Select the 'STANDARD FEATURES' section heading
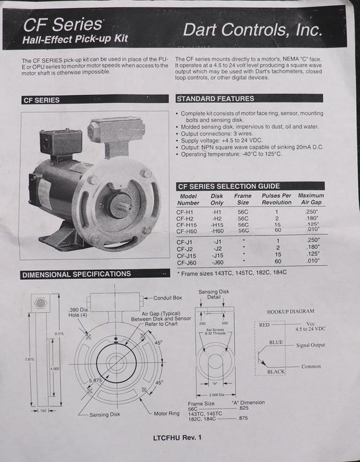pos(215,98)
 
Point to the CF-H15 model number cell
pos(189,224)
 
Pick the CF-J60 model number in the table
pos(189,261)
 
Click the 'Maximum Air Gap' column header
pos(311,199)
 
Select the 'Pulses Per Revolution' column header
pos(277,199)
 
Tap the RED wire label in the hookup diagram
pos(264,325)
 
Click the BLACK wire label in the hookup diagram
pos(276,372)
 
